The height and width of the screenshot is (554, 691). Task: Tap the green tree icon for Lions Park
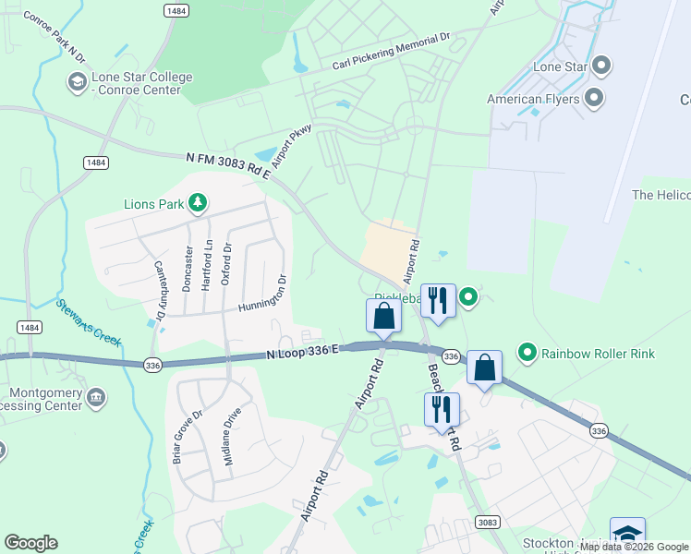pyautogui.click(x=196, y=203)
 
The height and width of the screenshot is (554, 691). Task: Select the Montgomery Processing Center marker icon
pyautogui.click(x=95, y=398)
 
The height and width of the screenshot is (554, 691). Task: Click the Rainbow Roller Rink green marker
pyautogui.click(x=527, y=352)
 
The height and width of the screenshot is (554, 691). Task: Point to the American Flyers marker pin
pyautogui.click(x=594, y=99)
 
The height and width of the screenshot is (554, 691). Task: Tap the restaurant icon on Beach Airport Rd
pyautogui.click(x=441, y=408)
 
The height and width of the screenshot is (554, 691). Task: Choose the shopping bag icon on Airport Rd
pyautogui.click(x=383, y=316)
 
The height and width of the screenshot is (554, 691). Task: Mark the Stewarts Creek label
pyautogui.click(x=89, y=322)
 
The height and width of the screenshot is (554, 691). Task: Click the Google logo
pyautogui.click(x=30, y=543)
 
